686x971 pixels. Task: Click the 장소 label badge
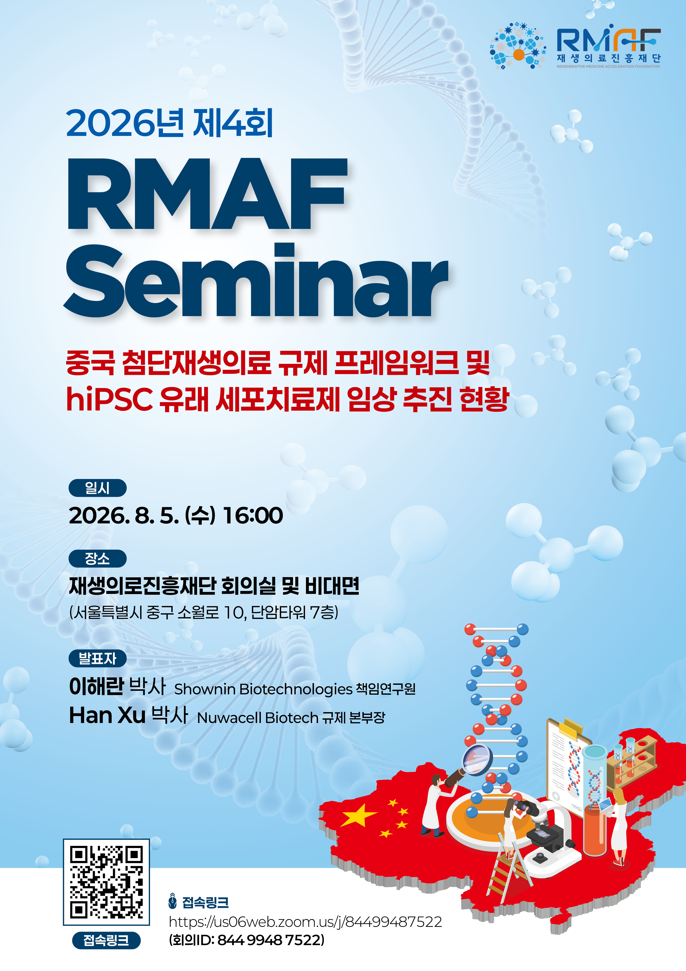pos(98,559)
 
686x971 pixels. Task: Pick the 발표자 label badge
pos(98,658)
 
